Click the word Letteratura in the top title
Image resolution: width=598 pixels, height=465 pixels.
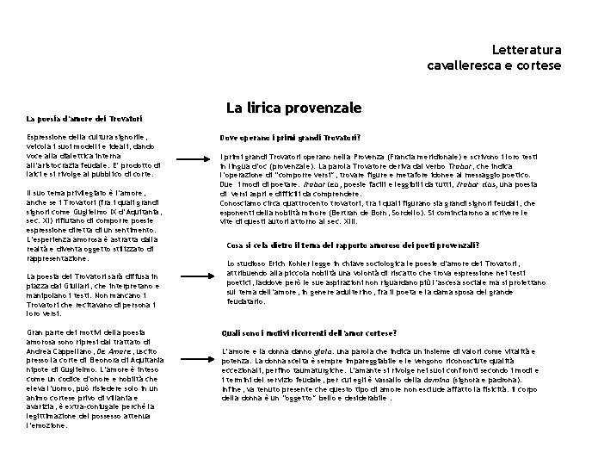coord(527,50)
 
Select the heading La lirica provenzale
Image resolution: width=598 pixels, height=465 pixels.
coord(293,108)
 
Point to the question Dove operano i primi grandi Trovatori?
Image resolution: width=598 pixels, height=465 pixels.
coord(290,138)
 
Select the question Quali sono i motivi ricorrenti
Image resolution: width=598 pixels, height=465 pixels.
coord(308,332)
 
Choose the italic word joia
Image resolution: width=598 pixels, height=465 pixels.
coord(324,352)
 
